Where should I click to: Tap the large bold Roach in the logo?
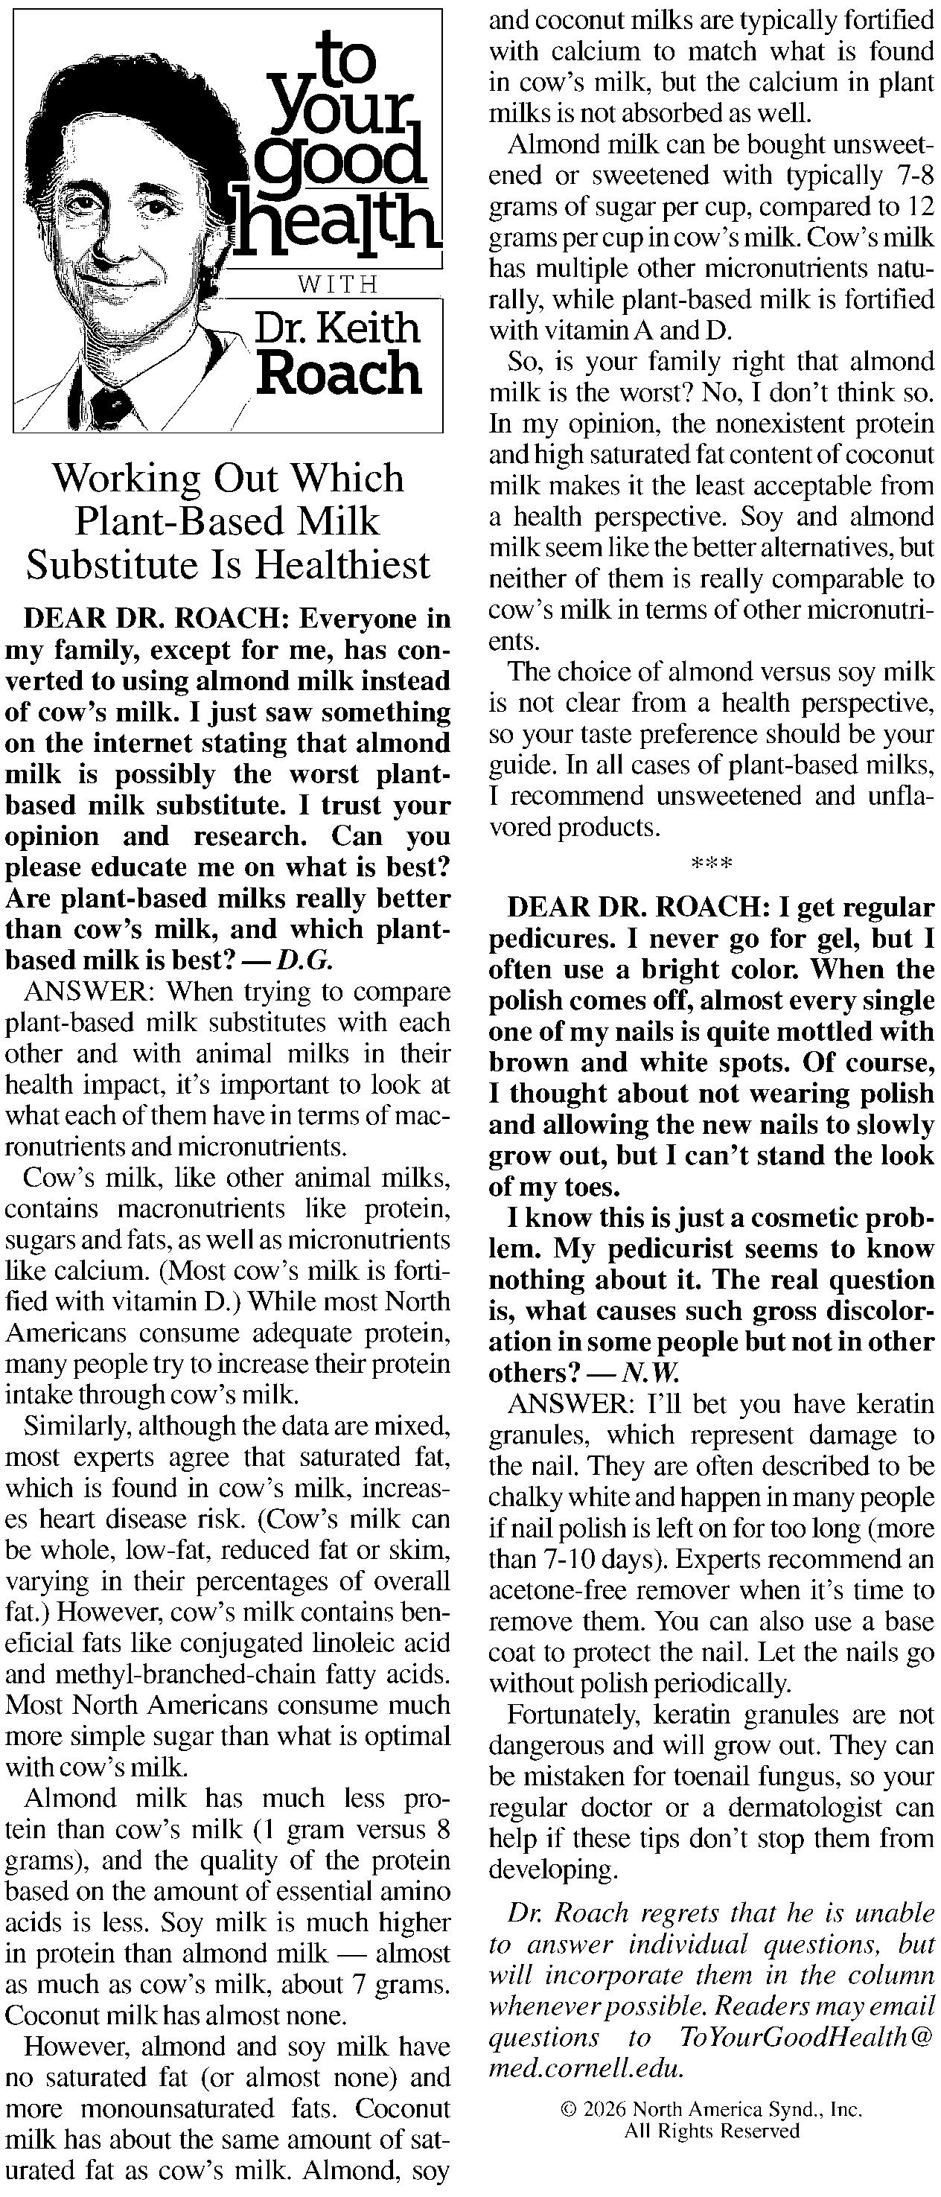coord(339,374)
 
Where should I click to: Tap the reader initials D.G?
coord(305,960)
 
